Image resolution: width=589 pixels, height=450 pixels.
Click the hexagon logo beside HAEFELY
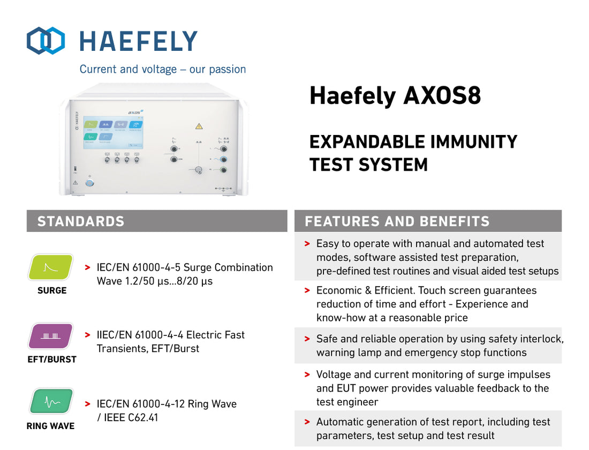pyautogui.click(x=46, y=41)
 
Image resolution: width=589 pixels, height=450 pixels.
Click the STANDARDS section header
pyautogui.click(x=81, y=221)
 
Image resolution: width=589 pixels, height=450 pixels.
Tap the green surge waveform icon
pyautogui.click(x=50, y=267)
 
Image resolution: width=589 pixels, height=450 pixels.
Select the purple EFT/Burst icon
pyautogui.click(x=50, y=336)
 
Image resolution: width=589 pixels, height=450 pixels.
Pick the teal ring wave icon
pyautogui.click(x=50, y=402)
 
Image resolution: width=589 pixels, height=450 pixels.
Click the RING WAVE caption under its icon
pyautogui.click(x=50, y=426)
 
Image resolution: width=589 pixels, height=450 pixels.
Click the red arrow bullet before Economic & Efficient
pyautogui.click(x=307, y=290)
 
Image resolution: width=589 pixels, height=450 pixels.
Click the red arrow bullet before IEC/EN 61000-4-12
pyautogui.click(x=87, y=403)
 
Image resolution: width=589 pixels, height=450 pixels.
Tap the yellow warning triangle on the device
pyautogui.click(x=199, y=126)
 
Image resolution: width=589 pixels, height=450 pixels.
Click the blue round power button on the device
pyautogui.click(x=89, y=183)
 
